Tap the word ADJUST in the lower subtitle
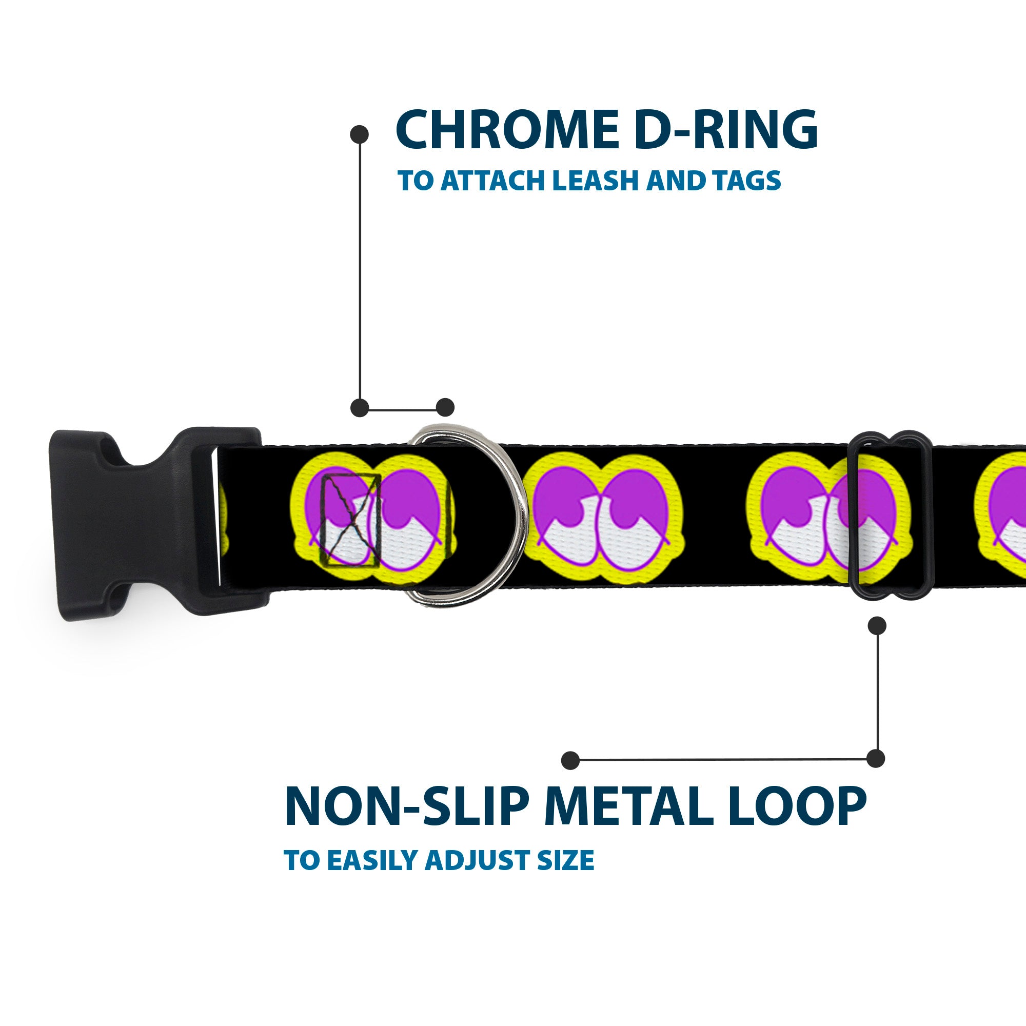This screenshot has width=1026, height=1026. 473,875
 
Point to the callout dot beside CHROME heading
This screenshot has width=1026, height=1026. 360,134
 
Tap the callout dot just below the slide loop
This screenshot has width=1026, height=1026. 877,625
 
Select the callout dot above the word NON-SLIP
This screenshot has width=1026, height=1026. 570,760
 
